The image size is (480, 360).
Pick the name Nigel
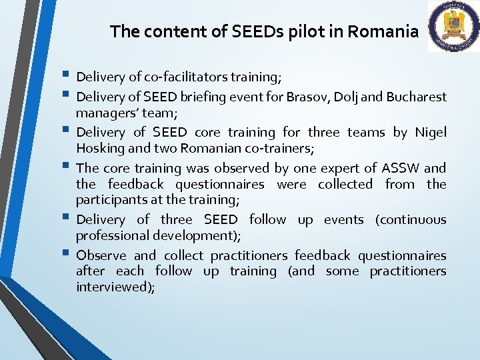click(x=431, y=133)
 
